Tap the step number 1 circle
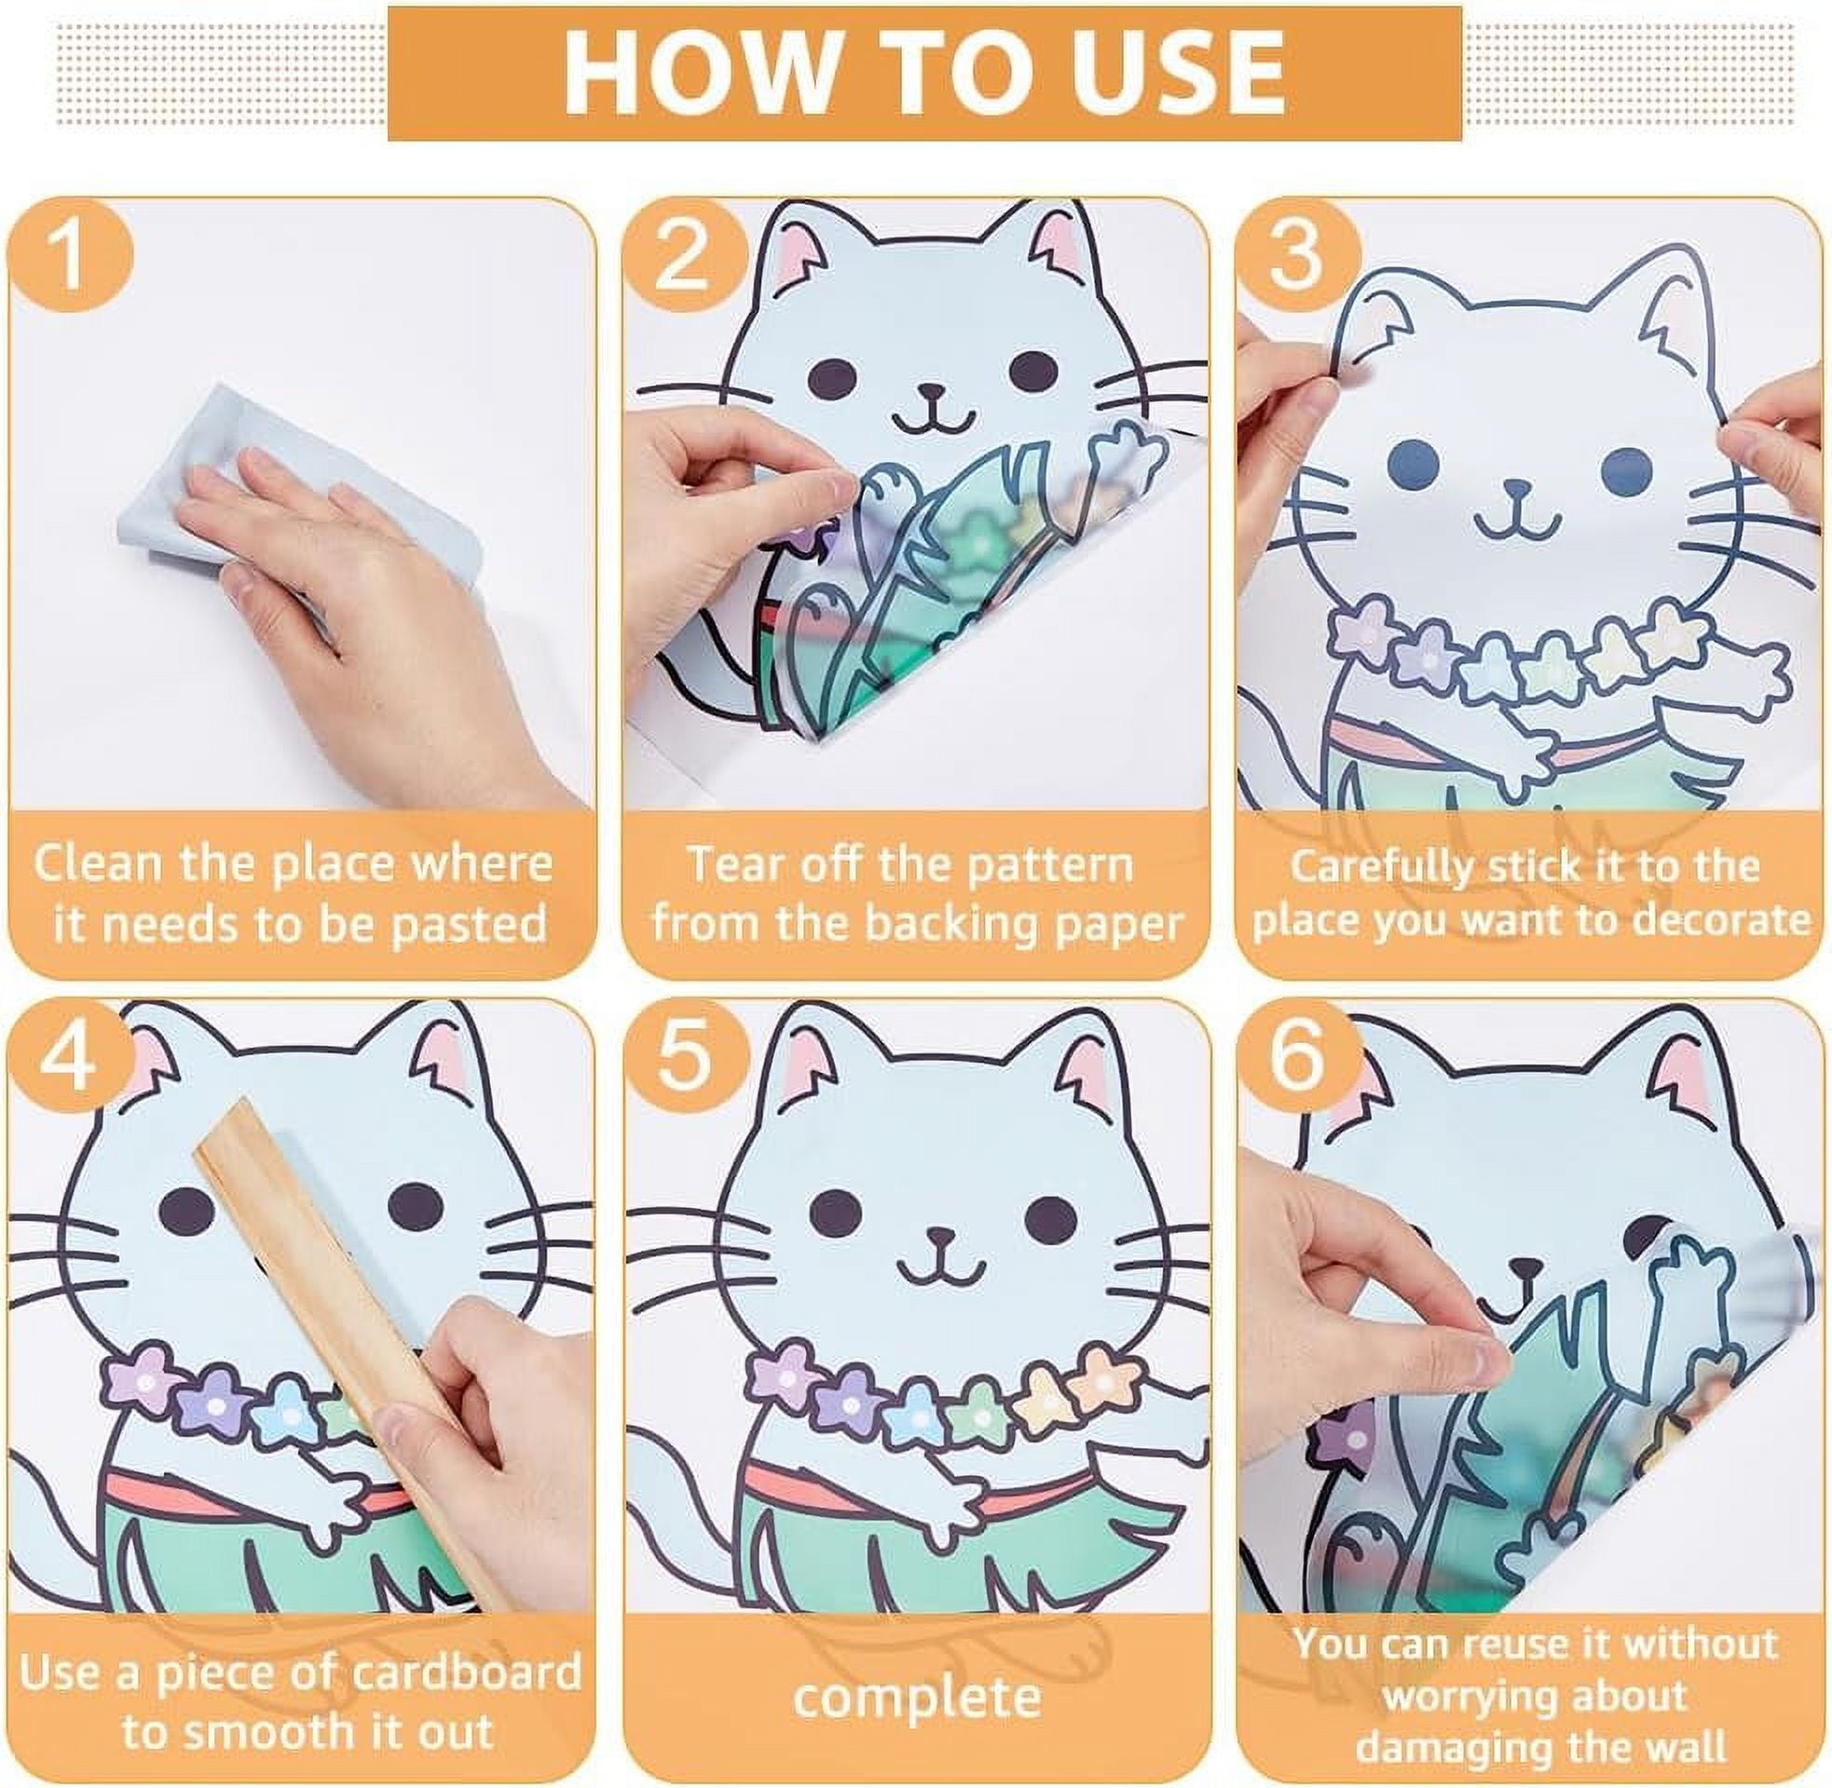pos(71,254)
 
